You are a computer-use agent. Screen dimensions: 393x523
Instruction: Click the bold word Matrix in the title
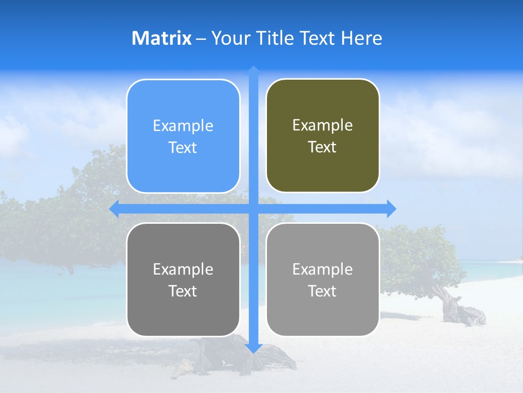pyautogui.click(x=162, y=38)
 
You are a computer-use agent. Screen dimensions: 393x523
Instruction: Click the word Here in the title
pyautogui.click(x=361, y=38)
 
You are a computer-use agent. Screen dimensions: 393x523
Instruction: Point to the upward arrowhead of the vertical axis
pyautogui.click(x=253, y=70)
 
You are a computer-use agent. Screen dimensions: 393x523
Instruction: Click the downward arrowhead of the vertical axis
pyautogui.click(x=253, y=348)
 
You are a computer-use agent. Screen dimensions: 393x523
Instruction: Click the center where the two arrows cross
pyautogui.click(x=253, y=209)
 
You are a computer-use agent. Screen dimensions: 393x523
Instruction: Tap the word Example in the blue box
pyautogui.click(x=183, y=126)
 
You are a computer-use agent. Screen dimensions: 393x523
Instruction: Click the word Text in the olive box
pyautogui.click(x=323, y=147)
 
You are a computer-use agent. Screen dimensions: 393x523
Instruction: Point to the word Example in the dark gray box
pyautogui.click(x=183, y=270)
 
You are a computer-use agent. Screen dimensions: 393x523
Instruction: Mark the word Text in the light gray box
pyautogui.click(x=323, y=291)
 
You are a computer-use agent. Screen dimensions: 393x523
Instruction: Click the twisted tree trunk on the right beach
pyautogui.click(x=458, y=308)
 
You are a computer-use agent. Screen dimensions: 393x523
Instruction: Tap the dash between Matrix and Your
pyautogui.click(x=201, y=39)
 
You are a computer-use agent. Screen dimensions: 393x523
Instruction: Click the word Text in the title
pyautogui.click(x=318, y=38)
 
